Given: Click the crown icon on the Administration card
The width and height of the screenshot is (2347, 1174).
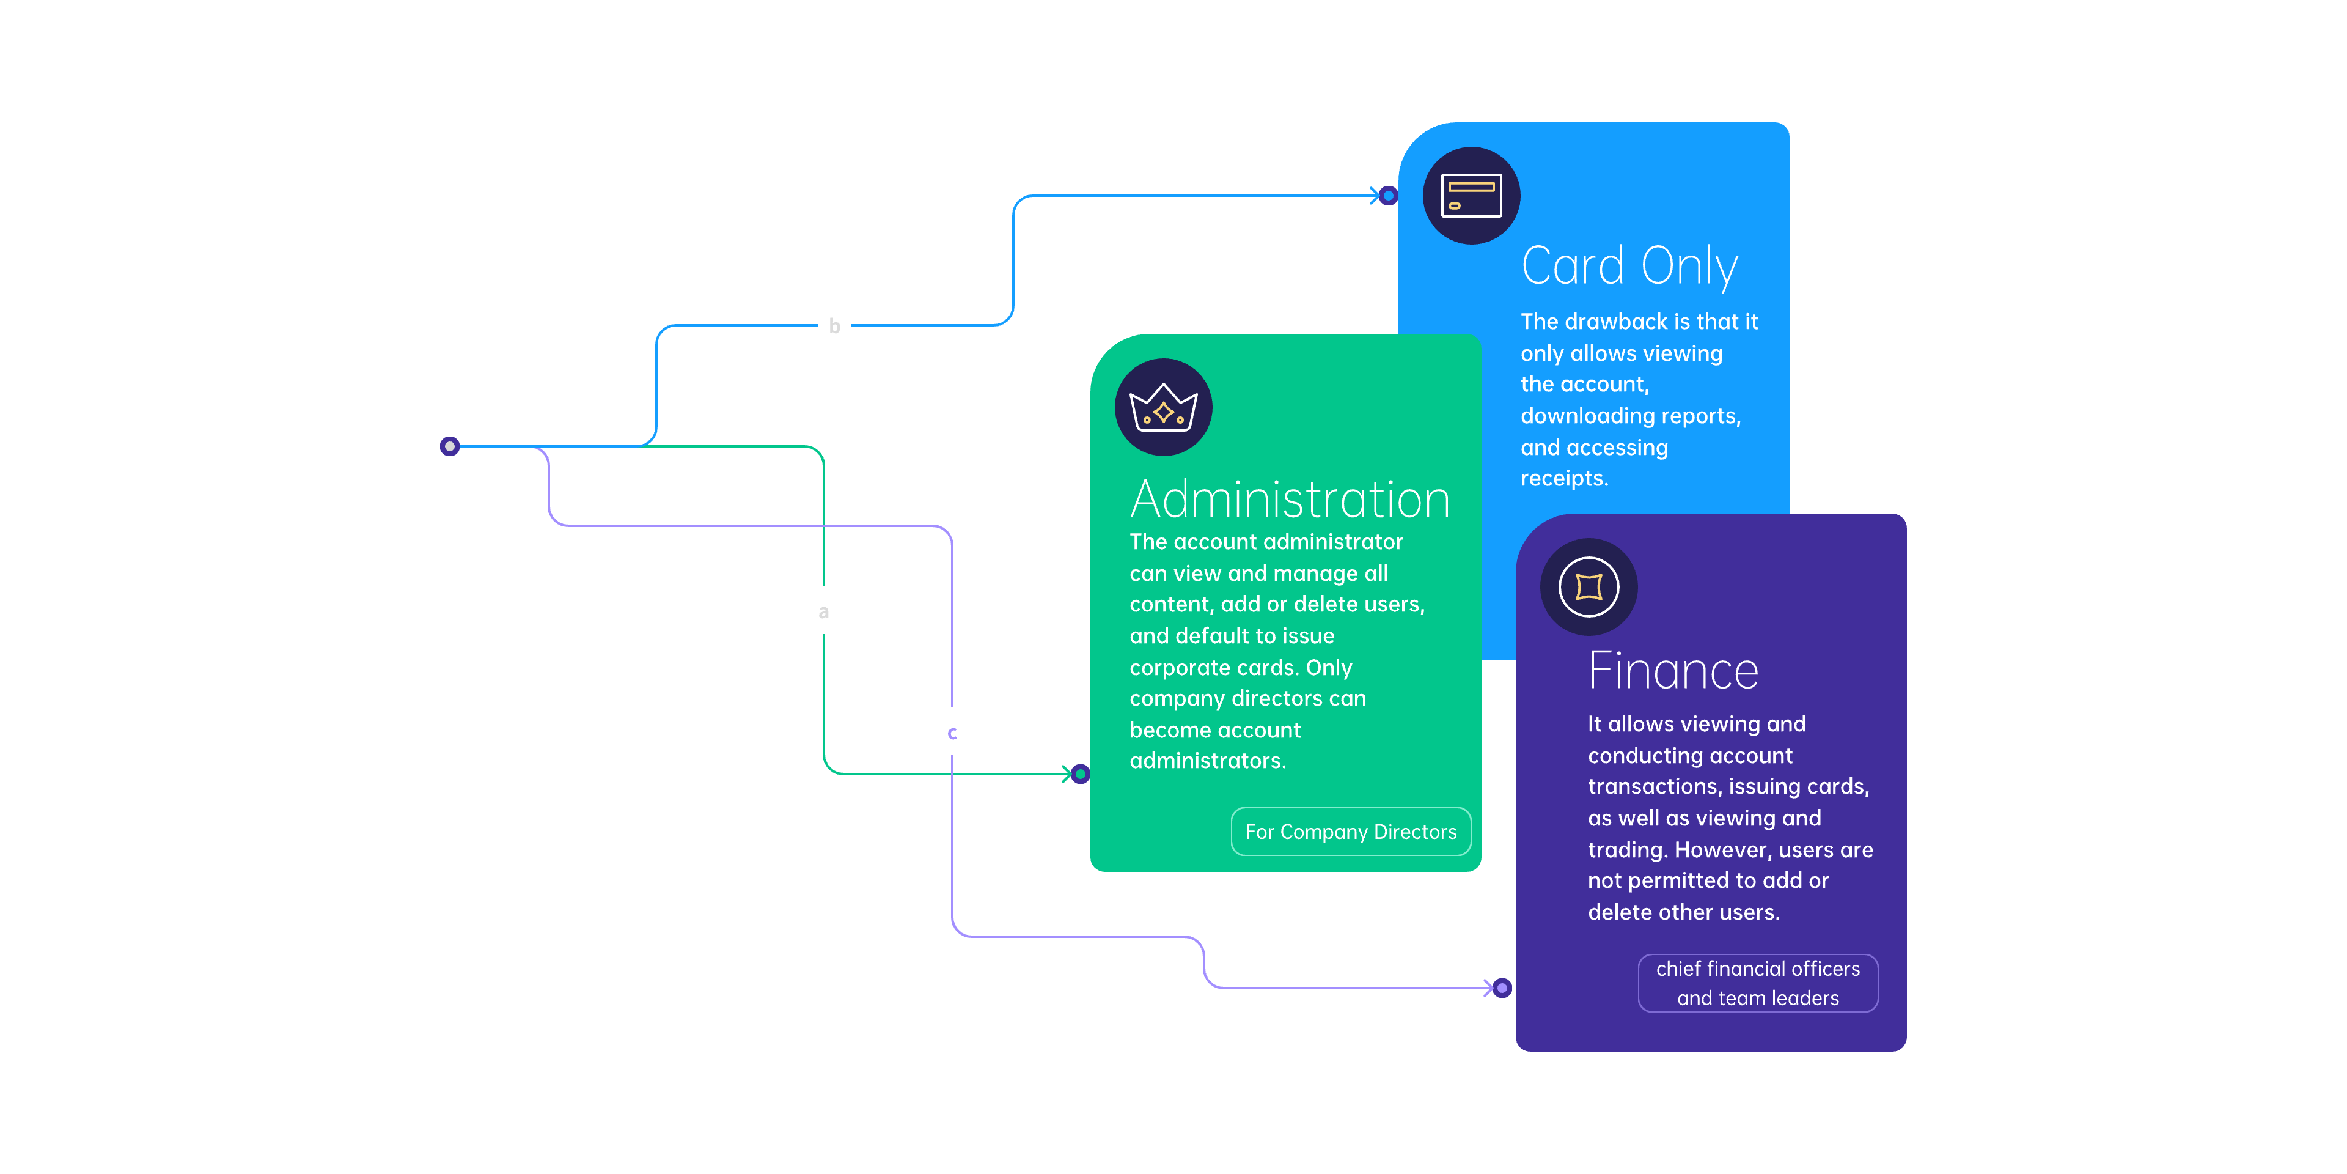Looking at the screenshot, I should pos(1164,407).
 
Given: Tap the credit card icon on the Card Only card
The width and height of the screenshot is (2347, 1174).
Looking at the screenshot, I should pos(1471,196).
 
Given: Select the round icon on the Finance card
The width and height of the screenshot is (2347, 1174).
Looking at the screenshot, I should pos(1589,587).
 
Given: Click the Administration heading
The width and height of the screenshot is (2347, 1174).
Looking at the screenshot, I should pos(1290,500).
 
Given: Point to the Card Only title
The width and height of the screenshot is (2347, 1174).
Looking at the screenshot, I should pos(1629,266).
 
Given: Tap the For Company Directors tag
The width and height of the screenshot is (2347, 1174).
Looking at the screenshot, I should pos(1350,832).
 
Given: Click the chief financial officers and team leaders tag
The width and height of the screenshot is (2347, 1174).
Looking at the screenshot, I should pos(1758,983).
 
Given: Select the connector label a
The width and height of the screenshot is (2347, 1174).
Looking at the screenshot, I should pos(824,611).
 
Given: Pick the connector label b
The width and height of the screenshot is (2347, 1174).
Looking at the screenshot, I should pos(834,325).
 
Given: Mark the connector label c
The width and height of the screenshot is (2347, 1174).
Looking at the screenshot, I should pos(952,733).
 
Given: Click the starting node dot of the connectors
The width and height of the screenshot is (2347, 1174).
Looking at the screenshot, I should pos(449,446).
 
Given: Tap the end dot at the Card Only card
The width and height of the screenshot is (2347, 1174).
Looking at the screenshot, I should pos(1389,195).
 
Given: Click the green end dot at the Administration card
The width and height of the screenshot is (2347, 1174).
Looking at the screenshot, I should pos(1081,774).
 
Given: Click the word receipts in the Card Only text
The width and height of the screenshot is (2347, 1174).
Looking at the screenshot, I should pos(1563,479).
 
